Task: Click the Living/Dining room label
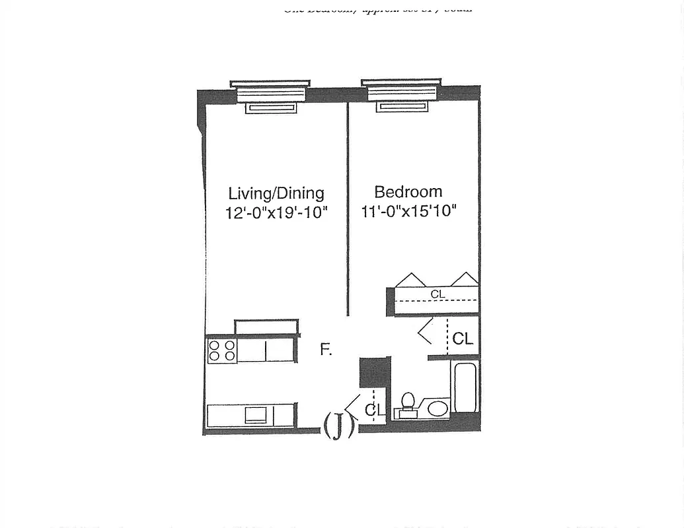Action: point(276,193)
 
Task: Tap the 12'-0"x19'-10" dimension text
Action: point(276,213)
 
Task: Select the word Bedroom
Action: point(408,192)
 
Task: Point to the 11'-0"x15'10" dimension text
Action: point(409,211)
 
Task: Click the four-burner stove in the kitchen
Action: point(222,350)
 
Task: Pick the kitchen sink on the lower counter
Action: point(256,415)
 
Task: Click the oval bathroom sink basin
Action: point(437,408)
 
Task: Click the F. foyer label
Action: point(325,350)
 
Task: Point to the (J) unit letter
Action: point(338,425)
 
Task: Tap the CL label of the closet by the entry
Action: point(374,411)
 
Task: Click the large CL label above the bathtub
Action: point(463,339)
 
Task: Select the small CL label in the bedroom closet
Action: point(437,294)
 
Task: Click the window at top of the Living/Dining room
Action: point(270,96)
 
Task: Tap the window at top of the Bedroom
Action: point(401,94)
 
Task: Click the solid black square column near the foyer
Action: point(375,373)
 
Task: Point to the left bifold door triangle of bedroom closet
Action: point(410,280)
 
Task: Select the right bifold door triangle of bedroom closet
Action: point(465,280)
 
